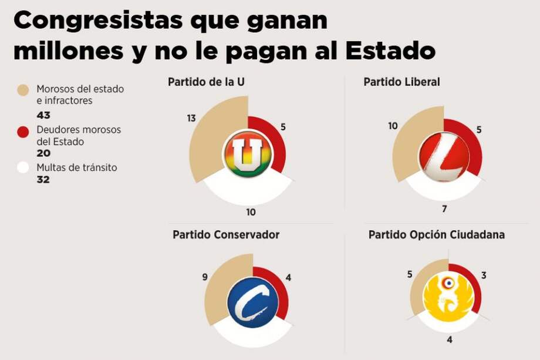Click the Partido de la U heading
206,82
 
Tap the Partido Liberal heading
401,82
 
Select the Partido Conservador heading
226,234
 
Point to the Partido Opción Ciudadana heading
437,234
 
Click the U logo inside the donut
248,155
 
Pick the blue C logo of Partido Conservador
252,302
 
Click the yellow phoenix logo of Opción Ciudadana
448,292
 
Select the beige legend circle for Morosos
23,90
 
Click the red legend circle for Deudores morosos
23,131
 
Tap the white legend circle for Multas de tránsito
23,168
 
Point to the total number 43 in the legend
43,115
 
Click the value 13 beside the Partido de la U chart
191,118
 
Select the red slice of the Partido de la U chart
273,144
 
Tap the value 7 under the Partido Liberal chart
444,208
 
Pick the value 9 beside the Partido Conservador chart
205,277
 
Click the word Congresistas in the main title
97,22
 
